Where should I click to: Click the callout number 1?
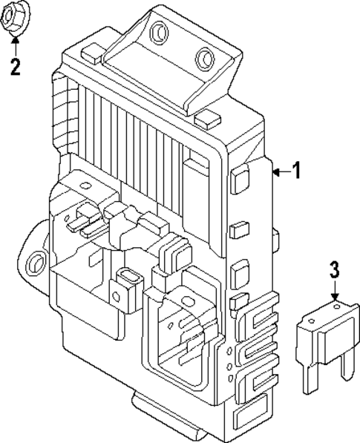297,172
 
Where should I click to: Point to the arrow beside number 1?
279,172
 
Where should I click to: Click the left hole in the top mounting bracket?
158,31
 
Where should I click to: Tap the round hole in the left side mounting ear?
33,262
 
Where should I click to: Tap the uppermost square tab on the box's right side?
240,179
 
